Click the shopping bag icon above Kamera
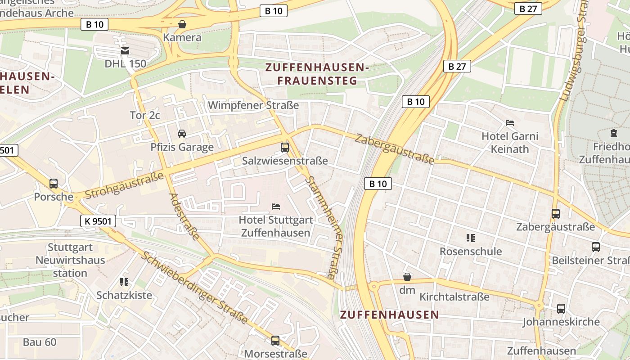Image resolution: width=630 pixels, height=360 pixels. coord(182,24)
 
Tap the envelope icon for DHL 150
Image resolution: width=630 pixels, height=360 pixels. coord(125,51)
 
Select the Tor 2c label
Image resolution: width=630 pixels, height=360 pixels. coord(145,115)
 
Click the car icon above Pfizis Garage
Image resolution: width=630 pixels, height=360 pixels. coord(182,133)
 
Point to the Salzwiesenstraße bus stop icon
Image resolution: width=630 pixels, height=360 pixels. coord(285,147)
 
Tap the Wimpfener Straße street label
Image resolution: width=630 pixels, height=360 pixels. coord(253,105)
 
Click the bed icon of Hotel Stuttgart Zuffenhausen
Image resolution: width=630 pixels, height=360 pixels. coord(276,207)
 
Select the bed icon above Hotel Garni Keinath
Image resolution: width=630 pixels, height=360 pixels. coord(510,122)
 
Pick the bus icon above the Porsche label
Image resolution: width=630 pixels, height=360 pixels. coord(54,183)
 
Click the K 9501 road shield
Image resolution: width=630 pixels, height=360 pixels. coord(98,221)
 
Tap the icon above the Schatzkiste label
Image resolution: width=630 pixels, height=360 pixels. coord(124,282)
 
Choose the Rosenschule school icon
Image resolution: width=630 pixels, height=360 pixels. coord(471,238)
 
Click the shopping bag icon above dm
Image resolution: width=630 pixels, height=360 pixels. coord(407,277)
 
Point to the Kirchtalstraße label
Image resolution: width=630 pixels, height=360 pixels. coord(454,297)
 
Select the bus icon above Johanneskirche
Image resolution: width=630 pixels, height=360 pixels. coord(561,308)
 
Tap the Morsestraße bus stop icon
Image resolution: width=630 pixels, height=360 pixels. coord(275,340)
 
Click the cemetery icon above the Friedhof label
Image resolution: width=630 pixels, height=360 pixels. coord(614,133)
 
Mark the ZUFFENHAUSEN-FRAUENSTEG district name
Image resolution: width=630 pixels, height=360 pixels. coord(317,74)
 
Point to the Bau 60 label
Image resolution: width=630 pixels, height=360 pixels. coord(40,342)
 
